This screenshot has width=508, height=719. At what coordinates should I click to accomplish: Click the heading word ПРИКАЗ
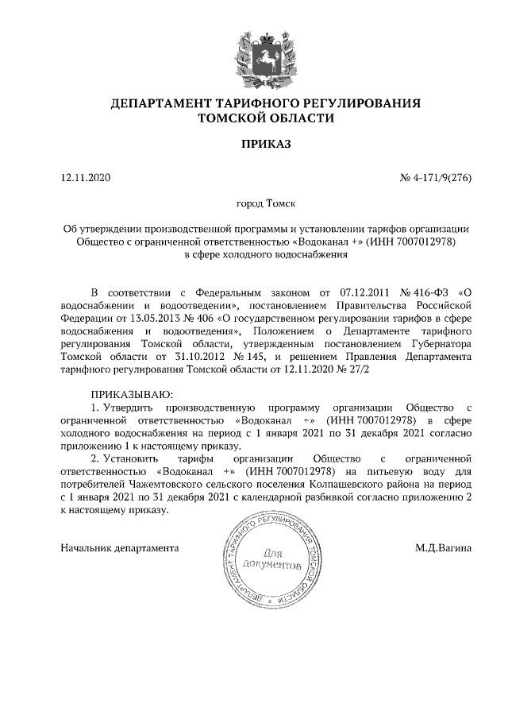point(255,144)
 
